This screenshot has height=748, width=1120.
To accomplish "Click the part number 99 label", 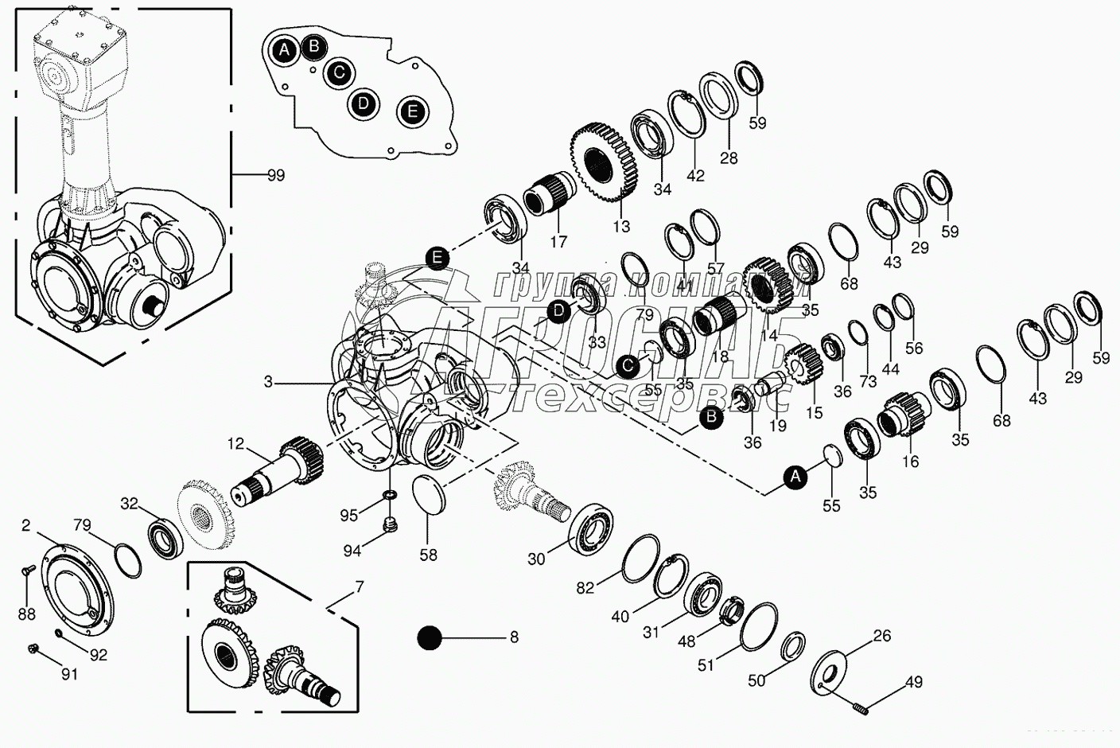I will click(x=275, y=175).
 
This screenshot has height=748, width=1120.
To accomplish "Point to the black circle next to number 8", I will click(x=430, y=637).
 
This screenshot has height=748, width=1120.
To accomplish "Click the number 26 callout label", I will click(x=881, y=636).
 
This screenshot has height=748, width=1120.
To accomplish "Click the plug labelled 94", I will click(x=391, y=525).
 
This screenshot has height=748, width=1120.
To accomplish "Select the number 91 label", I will click(x=70, y=675).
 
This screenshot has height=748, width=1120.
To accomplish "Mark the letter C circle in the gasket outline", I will click(x=339, y=72).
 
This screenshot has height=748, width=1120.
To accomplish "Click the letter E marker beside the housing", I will click(x=436, y=258).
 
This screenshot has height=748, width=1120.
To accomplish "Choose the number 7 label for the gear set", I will click(x=359, y=588).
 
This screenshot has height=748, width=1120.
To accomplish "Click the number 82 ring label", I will click(x=585, y=587).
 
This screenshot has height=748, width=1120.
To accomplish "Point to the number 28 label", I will click(x=729, y=158).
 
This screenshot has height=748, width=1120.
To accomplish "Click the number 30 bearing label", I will click(x=536, y=559).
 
